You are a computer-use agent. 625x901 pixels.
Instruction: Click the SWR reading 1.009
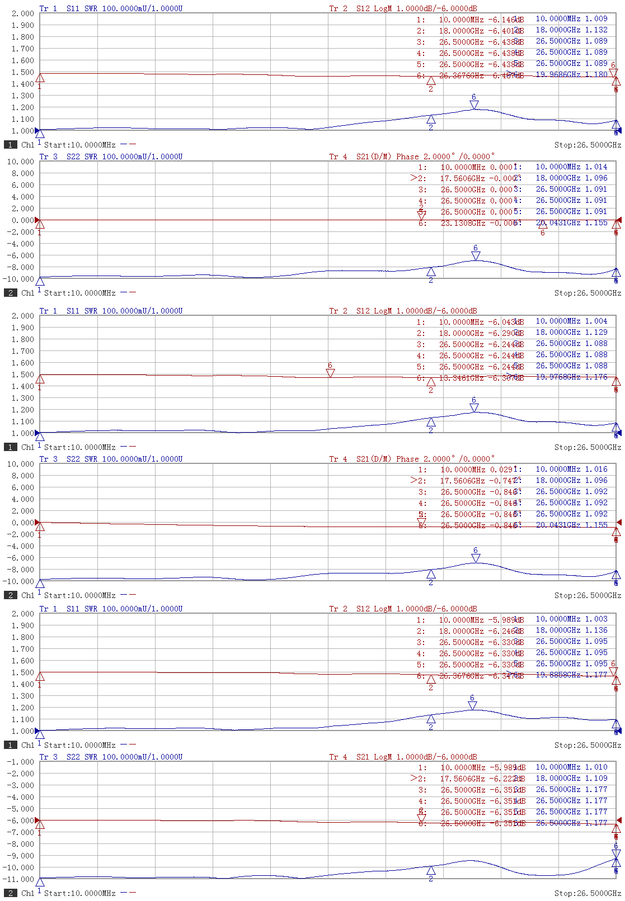596,18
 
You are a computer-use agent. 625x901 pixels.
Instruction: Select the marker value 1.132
596,30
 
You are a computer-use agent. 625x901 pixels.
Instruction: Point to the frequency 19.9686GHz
558,74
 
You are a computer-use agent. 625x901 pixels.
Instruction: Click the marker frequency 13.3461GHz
462,378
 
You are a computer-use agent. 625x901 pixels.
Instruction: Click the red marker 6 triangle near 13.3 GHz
330,373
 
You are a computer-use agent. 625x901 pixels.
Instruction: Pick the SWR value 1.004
596,321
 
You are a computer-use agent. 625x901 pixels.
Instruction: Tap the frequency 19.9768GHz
558,377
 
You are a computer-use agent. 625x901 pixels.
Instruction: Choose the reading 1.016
596,469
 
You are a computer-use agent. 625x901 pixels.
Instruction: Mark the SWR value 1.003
596,619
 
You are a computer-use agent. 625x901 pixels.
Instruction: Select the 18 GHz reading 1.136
596,630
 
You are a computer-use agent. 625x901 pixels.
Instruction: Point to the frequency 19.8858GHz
558,675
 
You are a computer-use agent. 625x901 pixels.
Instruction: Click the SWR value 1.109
596,778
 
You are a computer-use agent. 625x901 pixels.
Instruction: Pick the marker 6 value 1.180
596,74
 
